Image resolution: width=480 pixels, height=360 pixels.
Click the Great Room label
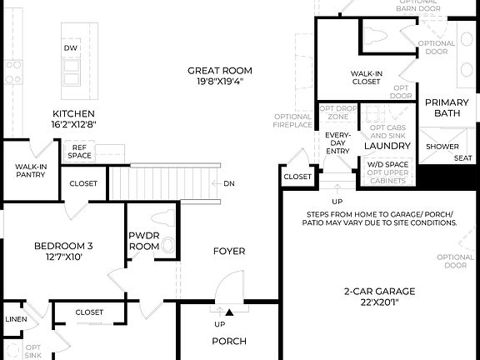tap(220, 71)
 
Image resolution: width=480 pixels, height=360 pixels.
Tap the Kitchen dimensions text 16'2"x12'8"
tap(73, 125)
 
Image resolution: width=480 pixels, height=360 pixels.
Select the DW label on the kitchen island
tap(71, 48)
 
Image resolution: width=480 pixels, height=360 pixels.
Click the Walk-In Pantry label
tap(30, 172)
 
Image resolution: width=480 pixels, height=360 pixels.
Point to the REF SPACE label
tap(80, 151)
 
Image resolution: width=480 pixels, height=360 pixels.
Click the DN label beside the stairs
tap(229, 183)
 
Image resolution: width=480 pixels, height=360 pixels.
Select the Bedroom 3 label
tap(63, 246)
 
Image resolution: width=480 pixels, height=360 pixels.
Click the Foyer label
tap(228, 251)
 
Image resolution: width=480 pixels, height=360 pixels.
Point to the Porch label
tap(229, 341)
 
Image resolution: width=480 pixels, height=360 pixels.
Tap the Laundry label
tap(387, 146)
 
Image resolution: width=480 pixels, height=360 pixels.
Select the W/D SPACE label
tap(387, 164)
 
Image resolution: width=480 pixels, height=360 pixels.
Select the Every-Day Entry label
tap(338, 142)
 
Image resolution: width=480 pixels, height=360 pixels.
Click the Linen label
tap(15, 319)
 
